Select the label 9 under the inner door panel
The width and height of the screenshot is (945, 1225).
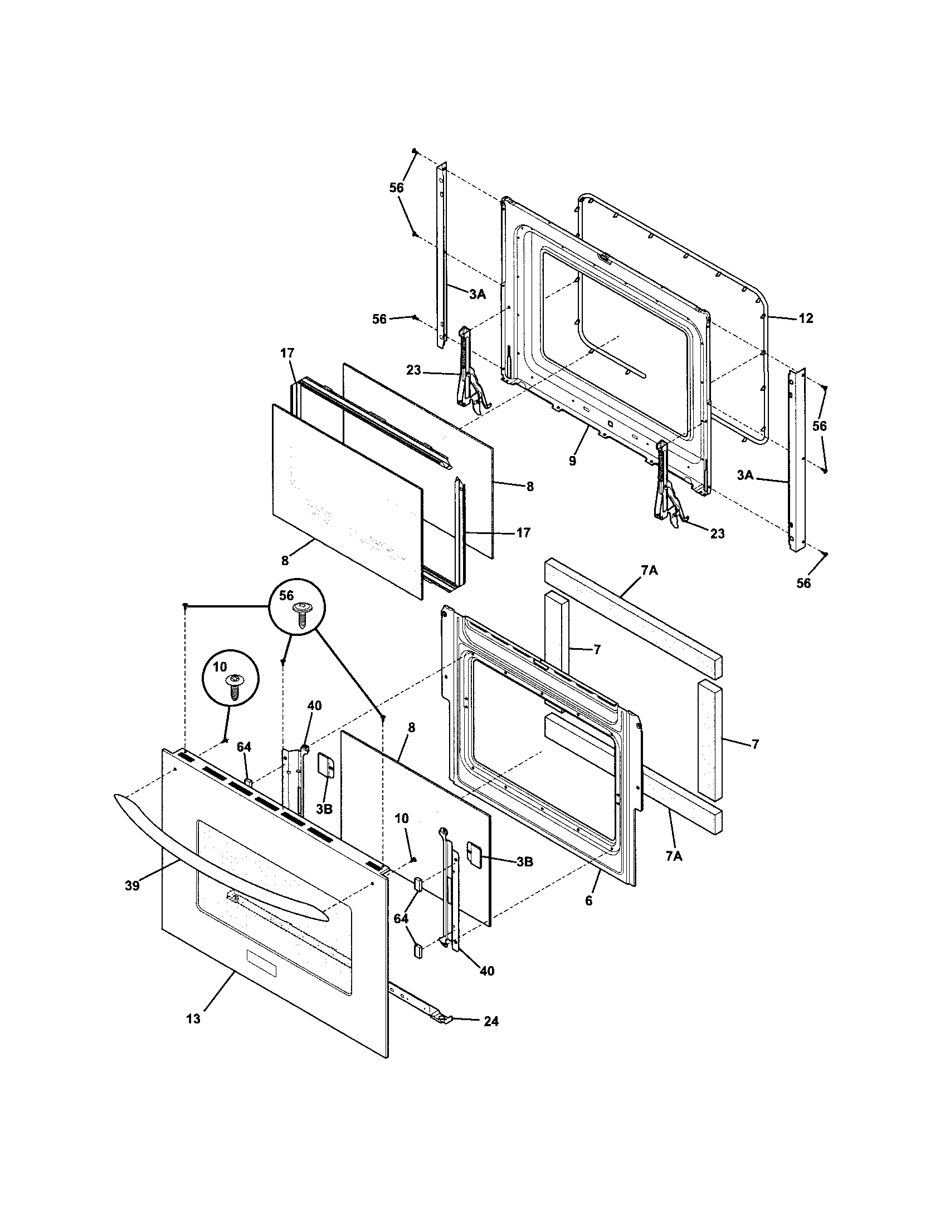[x=572, y=461]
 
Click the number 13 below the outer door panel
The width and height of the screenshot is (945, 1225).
[x=193, y=1019]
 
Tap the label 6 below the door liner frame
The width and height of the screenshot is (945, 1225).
[x=588, y=901]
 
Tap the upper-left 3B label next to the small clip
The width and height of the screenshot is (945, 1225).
[x=324, y=810]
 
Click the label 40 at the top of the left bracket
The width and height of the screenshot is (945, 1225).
[x=314, y=705]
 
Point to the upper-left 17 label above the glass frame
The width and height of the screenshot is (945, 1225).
[x=287, y=354]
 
